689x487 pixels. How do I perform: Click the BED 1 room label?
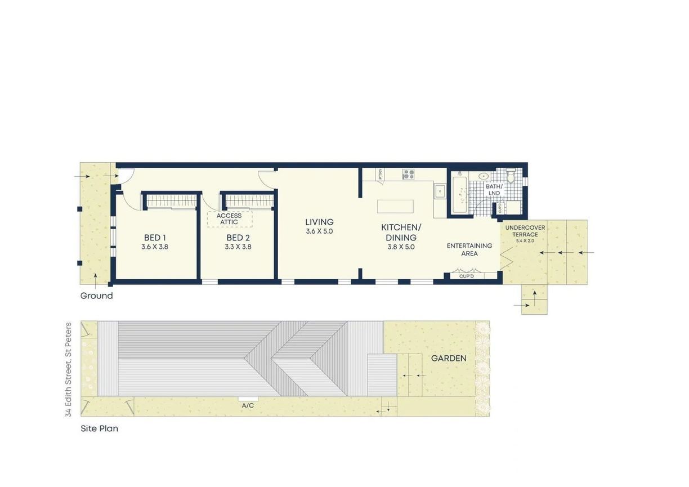coord(155,238)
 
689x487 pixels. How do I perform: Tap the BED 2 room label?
coord(238,238)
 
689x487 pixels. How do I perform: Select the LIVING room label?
coord(319,222)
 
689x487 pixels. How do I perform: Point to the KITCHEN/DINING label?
coord(401,233)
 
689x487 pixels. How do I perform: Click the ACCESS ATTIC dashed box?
coord(230,219)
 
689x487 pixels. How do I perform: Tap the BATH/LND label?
coord(494,190)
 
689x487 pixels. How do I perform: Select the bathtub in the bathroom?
coord(459,194)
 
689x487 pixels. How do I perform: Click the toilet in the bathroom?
coord(511,176)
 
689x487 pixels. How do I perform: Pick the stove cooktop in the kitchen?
coord(409,175)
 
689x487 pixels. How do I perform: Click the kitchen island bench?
coord(395,207)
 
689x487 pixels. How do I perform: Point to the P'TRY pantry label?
coord(381,174)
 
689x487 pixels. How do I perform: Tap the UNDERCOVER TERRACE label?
coord(525,231)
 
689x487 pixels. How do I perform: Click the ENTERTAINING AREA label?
coord(469,249)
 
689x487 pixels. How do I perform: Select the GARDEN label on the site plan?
coord(449,358)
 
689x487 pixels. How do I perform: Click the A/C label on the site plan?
coord(248,405)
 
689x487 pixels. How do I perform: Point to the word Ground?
coord(96,296)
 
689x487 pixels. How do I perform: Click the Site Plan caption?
coord(99,428)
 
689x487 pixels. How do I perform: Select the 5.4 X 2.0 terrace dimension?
coord(525,241)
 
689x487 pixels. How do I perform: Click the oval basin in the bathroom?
coord(484,176)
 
